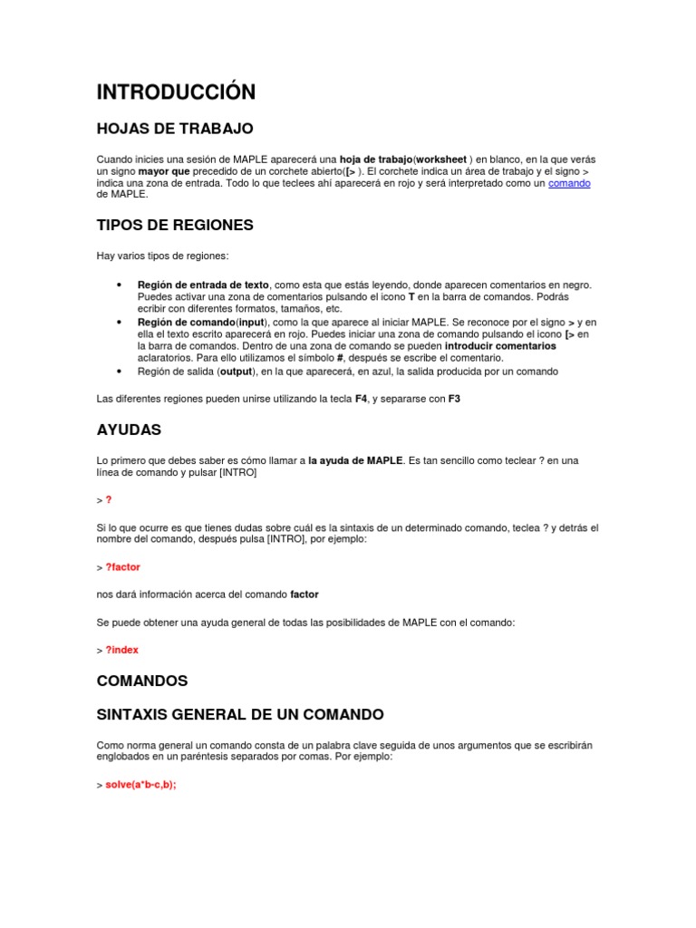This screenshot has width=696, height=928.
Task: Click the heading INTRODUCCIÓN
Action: tap(176, 92)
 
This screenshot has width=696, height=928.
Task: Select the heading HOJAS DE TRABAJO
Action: tap(175, 129)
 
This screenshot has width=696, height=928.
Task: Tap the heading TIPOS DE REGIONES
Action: tap(175, 225)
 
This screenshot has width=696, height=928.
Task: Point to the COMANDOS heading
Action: tap(141, 680)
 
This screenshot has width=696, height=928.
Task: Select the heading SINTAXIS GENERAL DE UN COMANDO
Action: tap(240, 714)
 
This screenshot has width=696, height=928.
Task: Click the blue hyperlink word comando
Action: tap(569, 183)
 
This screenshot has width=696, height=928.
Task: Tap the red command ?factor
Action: tap(123, 567)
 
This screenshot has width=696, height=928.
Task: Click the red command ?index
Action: tap(122, 650)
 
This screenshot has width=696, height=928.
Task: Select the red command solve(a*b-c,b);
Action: tap(140, 785)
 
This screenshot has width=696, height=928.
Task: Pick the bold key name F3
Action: tap(454, 399)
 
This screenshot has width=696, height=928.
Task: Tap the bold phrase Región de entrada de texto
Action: tap(203, 285)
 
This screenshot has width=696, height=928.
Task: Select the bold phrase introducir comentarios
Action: tap(500, 346)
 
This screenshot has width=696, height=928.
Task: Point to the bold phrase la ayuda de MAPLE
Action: tap(355, 460)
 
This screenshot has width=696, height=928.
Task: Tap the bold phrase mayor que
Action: tap(164, 171)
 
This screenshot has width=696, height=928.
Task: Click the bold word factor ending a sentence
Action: tap(304, 594)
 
